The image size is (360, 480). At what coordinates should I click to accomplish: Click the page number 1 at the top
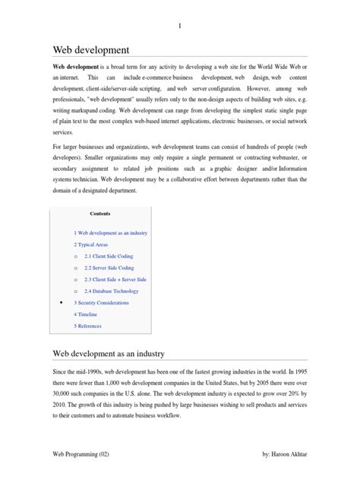pos(179,27)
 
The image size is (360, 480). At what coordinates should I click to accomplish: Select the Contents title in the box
pos(101,213)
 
